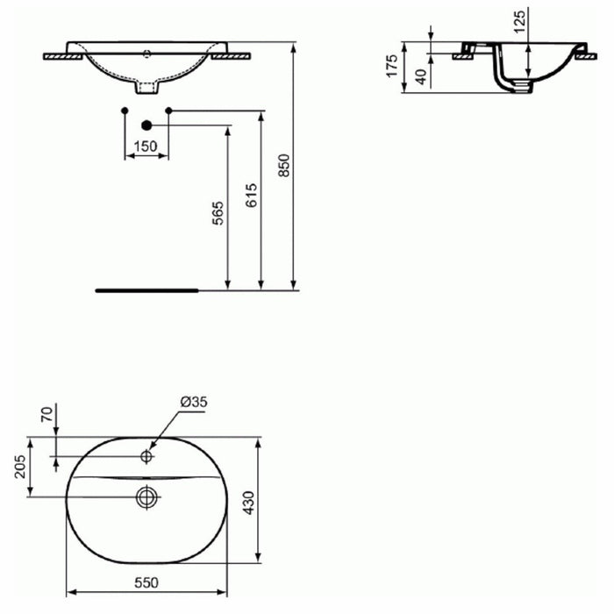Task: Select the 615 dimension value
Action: coord(251,195)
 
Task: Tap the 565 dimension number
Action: coord(218,212)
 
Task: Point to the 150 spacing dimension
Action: coord(146,146)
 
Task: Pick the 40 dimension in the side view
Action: coord(421,76)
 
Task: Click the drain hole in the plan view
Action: coord(146,497)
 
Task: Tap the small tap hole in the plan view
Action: coord(146,456)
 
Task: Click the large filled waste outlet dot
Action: coord(146,125)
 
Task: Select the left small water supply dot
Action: coord(125,110)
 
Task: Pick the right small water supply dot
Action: coord(168,110)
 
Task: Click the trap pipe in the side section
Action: coord(508,79)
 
